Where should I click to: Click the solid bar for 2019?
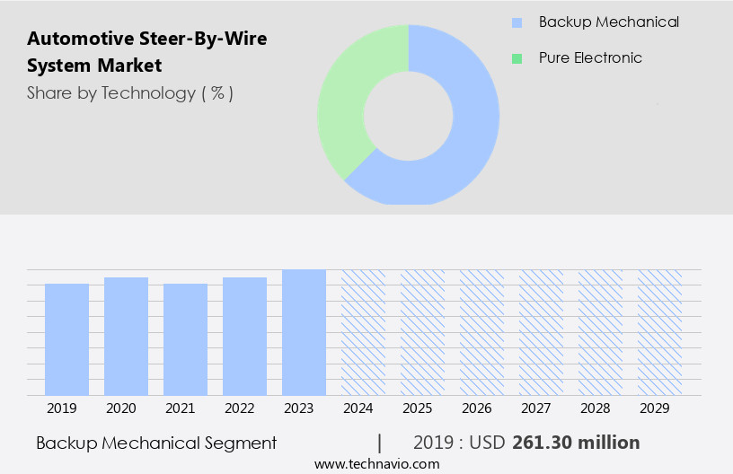(66, 339)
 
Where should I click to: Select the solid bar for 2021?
(185, 339)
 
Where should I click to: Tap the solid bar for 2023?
(304, 332)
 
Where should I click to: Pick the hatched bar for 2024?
(363, 332)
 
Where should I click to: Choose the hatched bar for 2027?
(541, 332)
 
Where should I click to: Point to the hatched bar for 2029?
(659, 332)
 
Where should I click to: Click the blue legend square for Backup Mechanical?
(517, 22)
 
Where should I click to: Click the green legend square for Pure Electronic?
(517, 58)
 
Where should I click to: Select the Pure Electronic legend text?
(590, 58)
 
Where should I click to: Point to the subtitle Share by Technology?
(130, 93)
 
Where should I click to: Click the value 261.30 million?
(576, 443)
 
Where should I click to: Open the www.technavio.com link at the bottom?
(376, 464)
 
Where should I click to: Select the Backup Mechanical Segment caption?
(156, 443)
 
